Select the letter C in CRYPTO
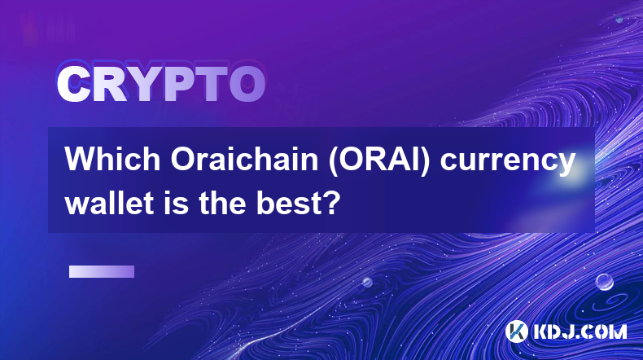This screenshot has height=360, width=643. (73, 85)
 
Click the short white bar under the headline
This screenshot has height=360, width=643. (102, 272)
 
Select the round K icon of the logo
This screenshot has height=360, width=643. (516, 331)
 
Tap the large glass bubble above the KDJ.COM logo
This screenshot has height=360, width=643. (605, 282)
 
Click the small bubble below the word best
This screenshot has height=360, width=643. (367, 283)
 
